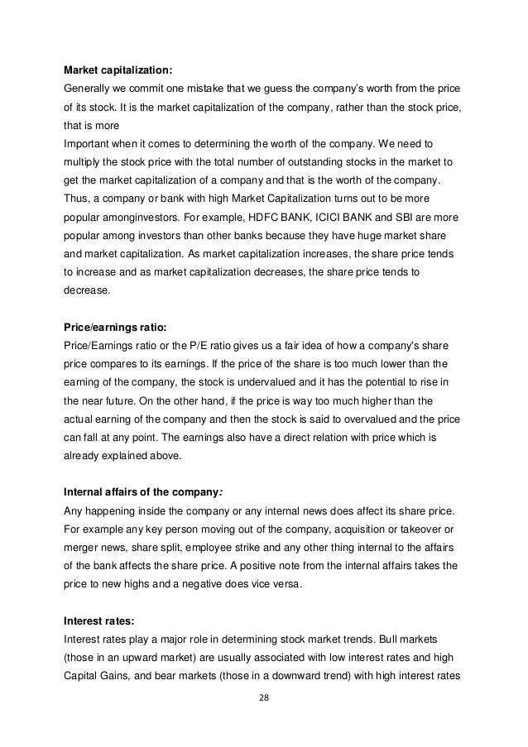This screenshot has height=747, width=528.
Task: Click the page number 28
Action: point(264,697)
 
